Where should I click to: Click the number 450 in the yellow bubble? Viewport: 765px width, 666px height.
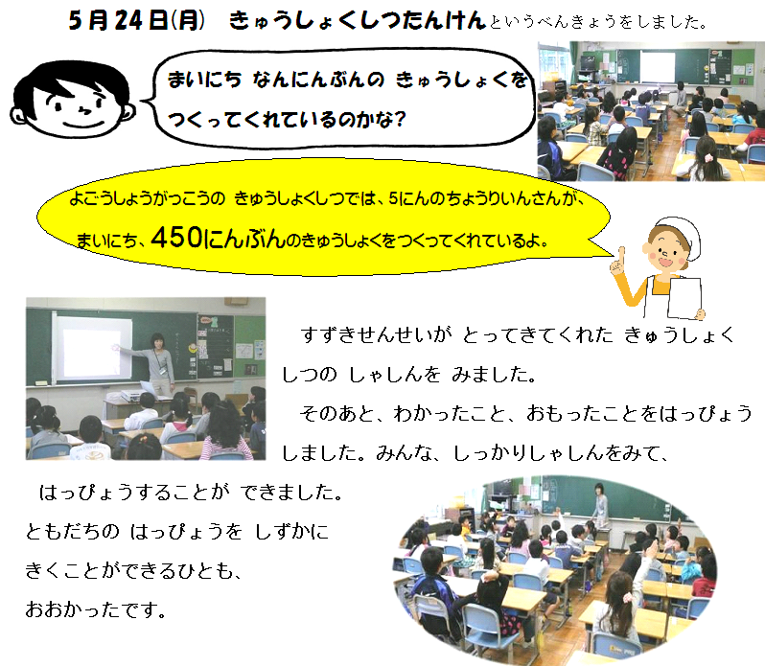176,238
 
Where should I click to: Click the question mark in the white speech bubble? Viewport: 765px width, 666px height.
400,119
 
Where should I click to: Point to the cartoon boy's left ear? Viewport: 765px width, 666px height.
17,116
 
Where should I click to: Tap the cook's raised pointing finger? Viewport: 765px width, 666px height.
621,254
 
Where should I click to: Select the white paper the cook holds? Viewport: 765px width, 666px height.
684,297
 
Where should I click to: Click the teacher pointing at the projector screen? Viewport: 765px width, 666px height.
158,363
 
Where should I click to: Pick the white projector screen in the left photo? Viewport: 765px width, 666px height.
92,348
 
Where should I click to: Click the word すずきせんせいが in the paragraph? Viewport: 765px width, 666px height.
376,335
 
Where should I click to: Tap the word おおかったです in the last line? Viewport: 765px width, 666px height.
96,609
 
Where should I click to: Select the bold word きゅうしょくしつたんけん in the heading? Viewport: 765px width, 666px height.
358,20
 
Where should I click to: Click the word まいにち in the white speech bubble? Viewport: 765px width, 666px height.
204,80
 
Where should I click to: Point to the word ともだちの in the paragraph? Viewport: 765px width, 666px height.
72,531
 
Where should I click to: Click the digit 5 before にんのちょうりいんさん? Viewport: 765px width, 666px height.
394,199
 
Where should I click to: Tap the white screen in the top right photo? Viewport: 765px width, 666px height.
658,66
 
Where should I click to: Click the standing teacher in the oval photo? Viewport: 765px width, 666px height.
600,503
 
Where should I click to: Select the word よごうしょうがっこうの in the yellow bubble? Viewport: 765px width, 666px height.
148,199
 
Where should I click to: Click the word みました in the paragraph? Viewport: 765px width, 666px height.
494,375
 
